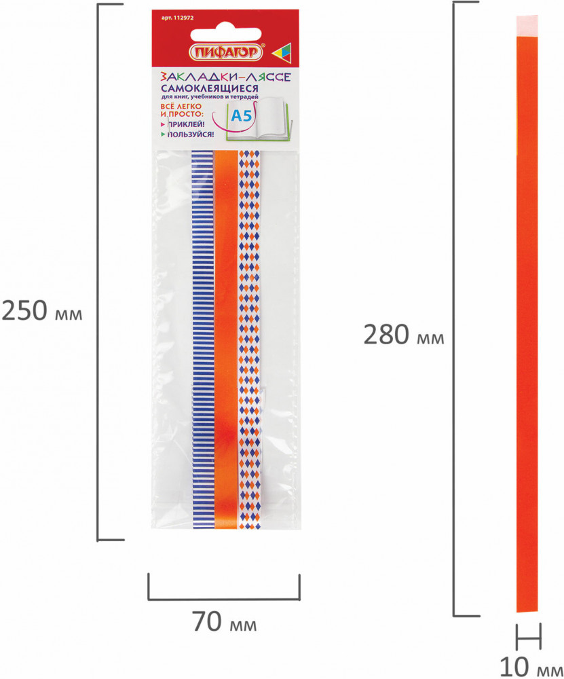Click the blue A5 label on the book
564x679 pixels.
242,116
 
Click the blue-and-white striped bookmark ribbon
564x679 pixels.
202,339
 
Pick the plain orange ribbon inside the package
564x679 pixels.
226,339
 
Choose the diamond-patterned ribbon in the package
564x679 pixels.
249,339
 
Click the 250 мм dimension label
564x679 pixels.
42,313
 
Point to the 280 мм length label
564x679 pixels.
403,335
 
